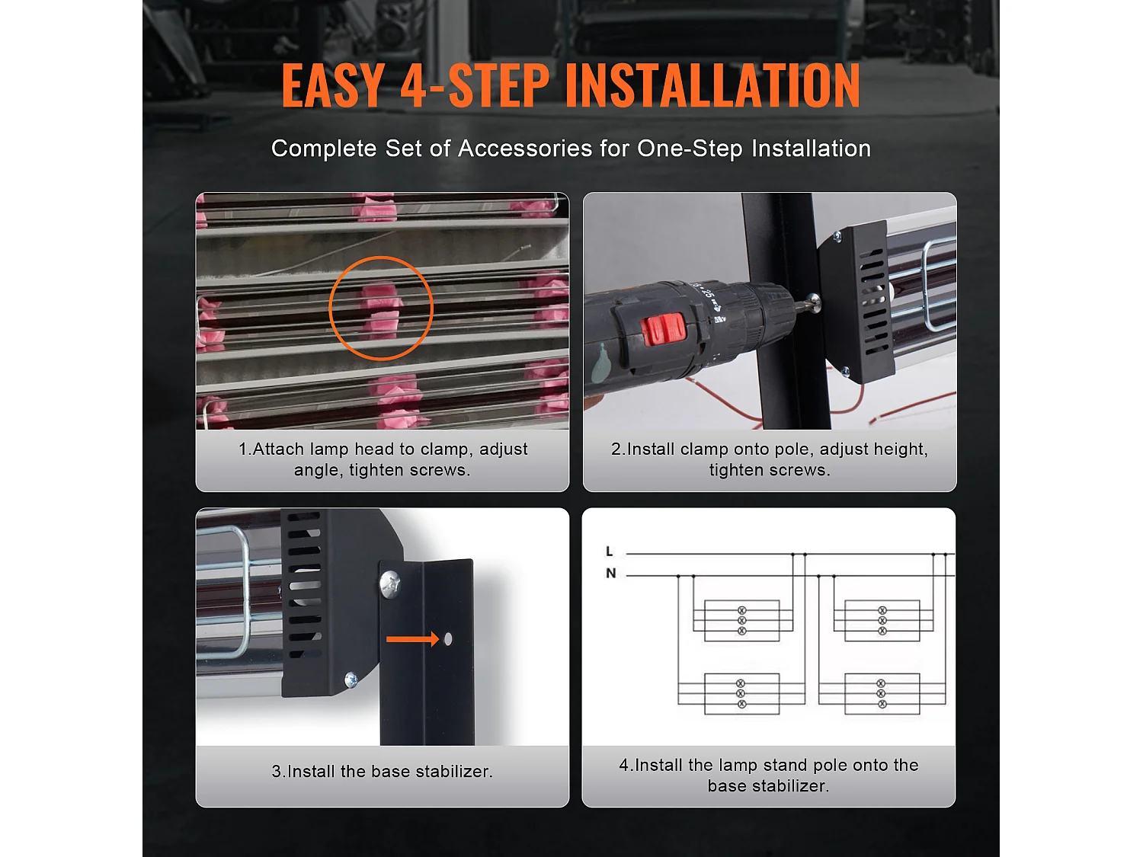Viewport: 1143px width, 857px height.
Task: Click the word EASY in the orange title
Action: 333,85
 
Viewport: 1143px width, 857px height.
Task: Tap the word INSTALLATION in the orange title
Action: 712,85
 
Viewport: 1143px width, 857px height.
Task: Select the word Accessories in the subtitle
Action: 525,149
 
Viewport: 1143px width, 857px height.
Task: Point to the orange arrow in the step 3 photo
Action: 412,639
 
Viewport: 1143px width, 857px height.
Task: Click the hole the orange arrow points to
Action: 448,639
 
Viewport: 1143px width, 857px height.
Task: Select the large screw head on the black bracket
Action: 390,584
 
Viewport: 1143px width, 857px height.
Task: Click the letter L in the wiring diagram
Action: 610,552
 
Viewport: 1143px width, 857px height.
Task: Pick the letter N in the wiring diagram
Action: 611,574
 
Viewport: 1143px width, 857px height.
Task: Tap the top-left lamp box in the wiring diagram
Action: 741,620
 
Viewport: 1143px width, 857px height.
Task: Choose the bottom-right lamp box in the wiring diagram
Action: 882,694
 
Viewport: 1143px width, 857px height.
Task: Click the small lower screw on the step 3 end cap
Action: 351,679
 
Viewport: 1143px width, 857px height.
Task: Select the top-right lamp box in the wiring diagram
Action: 882,620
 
